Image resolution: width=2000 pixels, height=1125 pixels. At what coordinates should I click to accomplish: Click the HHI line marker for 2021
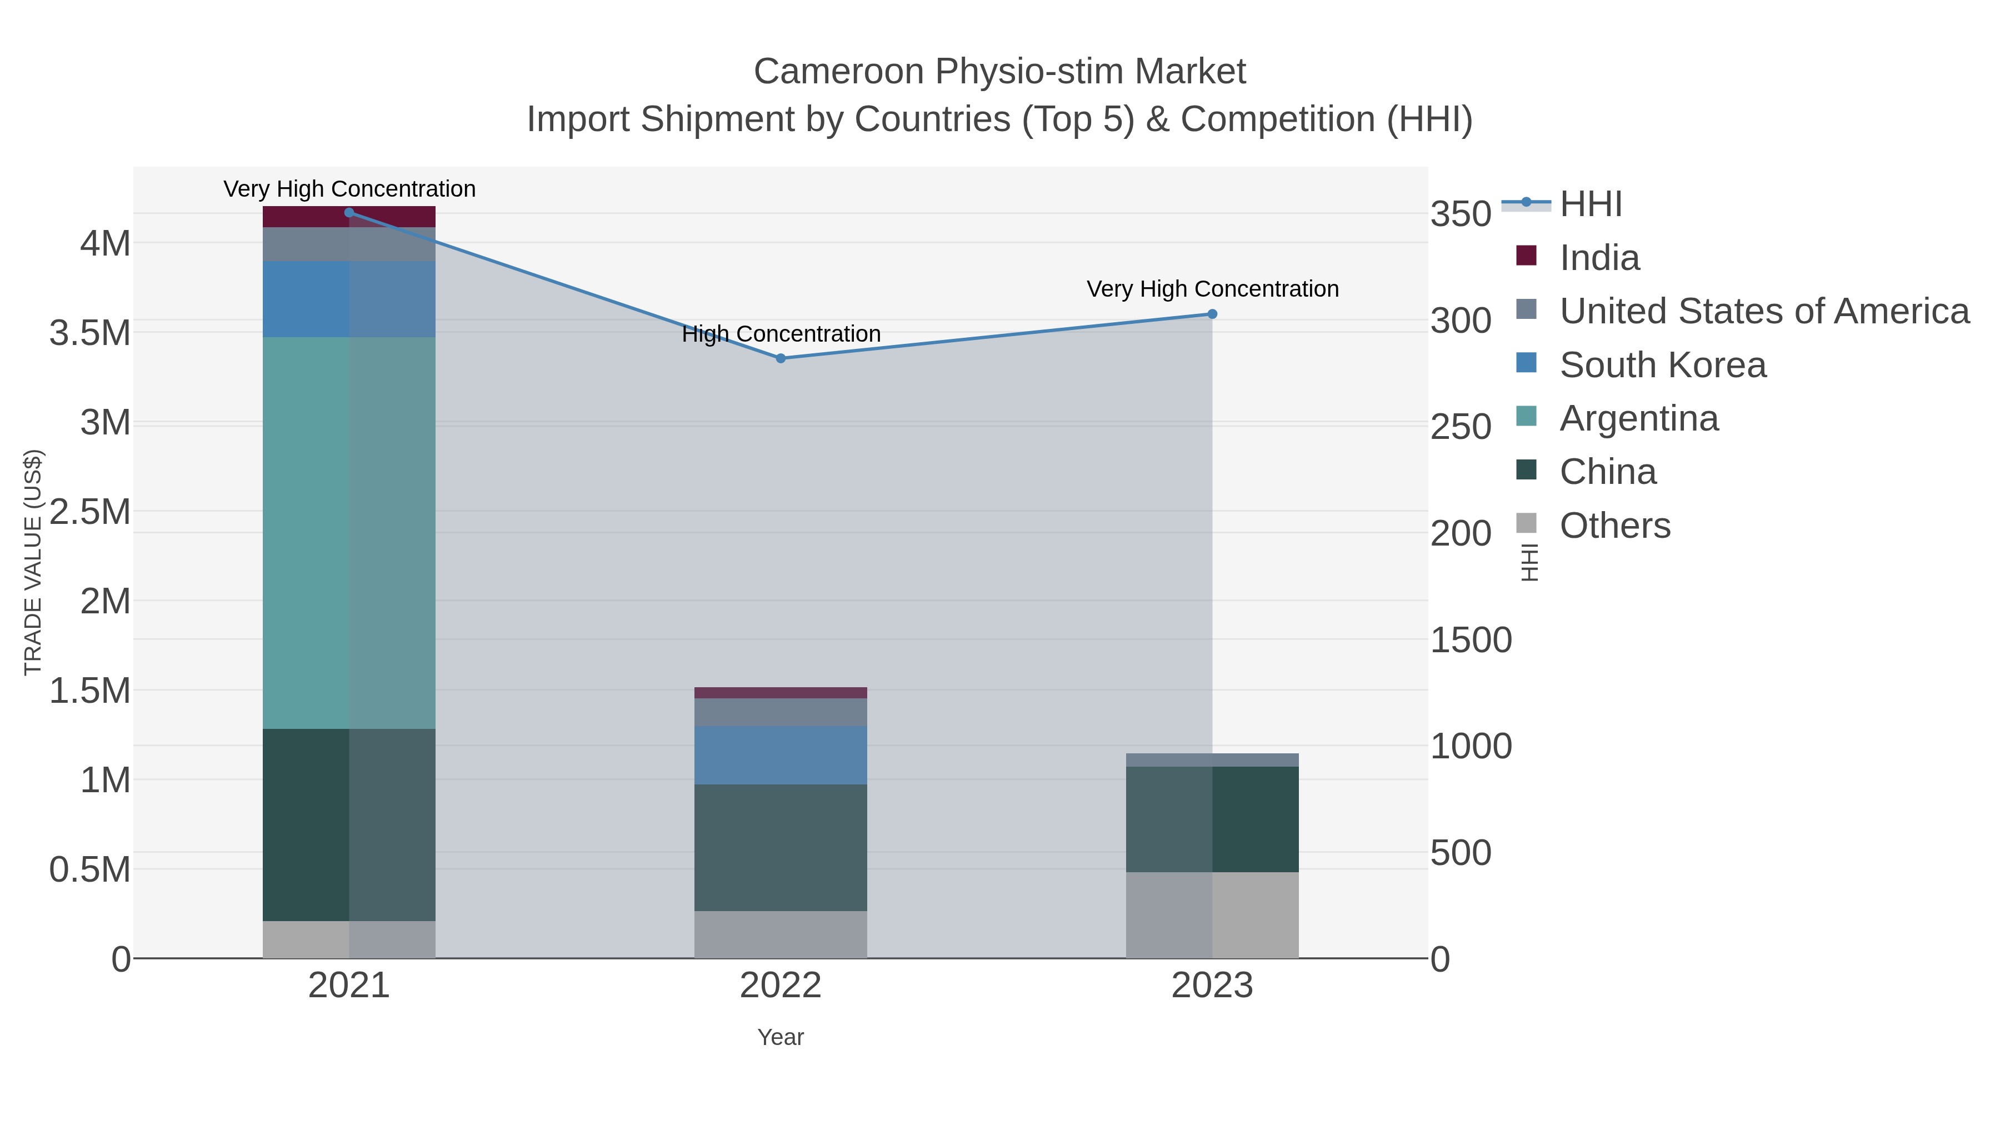tap(349, 213)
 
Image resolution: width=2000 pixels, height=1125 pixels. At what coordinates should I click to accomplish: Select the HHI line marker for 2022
tap(781, 359)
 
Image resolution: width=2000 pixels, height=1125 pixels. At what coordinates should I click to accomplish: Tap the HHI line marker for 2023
tap(1212, 314)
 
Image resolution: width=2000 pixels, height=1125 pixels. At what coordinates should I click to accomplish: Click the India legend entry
tap(1599, 258)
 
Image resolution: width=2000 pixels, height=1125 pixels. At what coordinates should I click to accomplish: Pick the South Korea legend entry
tap(1662, 365)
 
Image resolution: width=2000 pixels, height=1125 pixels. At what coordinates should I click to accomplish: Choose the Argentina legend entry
tap(1639, 418)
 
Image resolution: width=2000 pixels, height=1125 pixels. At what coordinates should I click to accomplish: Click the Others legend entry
tap(1615, 526)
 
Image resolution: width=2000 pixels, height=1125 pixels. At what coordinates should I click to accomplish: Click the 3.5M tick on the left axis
tap(90, 333)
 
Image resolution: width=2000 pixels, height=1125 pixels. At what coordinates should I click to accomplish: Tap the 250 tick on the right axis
tap(1461, 427)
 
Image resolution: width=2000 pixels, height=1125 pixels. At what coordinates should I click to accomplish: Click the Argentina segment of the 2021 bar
tap(349, 533)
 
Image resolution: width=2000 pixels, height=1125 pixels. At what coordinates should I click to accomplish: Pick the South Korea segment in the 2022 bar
tap(781, 756)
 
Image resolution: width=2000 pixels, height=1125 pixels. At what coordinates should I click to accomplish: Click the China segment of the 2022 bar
tap(781, 848)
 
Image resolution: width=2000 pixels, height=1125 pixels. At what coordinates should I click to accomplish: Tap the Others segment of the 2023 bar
tap(1212, 916)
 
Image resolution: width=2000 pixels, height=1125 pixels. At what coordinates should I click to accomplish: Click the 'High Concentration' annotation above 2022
tap(781, 334)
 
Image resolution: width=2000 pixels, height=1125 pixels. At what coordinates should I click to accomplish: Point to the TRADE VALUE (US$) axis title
tap(33, 562)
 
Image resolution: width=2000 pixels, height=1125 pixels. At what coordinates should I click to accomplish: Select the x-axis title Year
tap(781, 1037)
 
